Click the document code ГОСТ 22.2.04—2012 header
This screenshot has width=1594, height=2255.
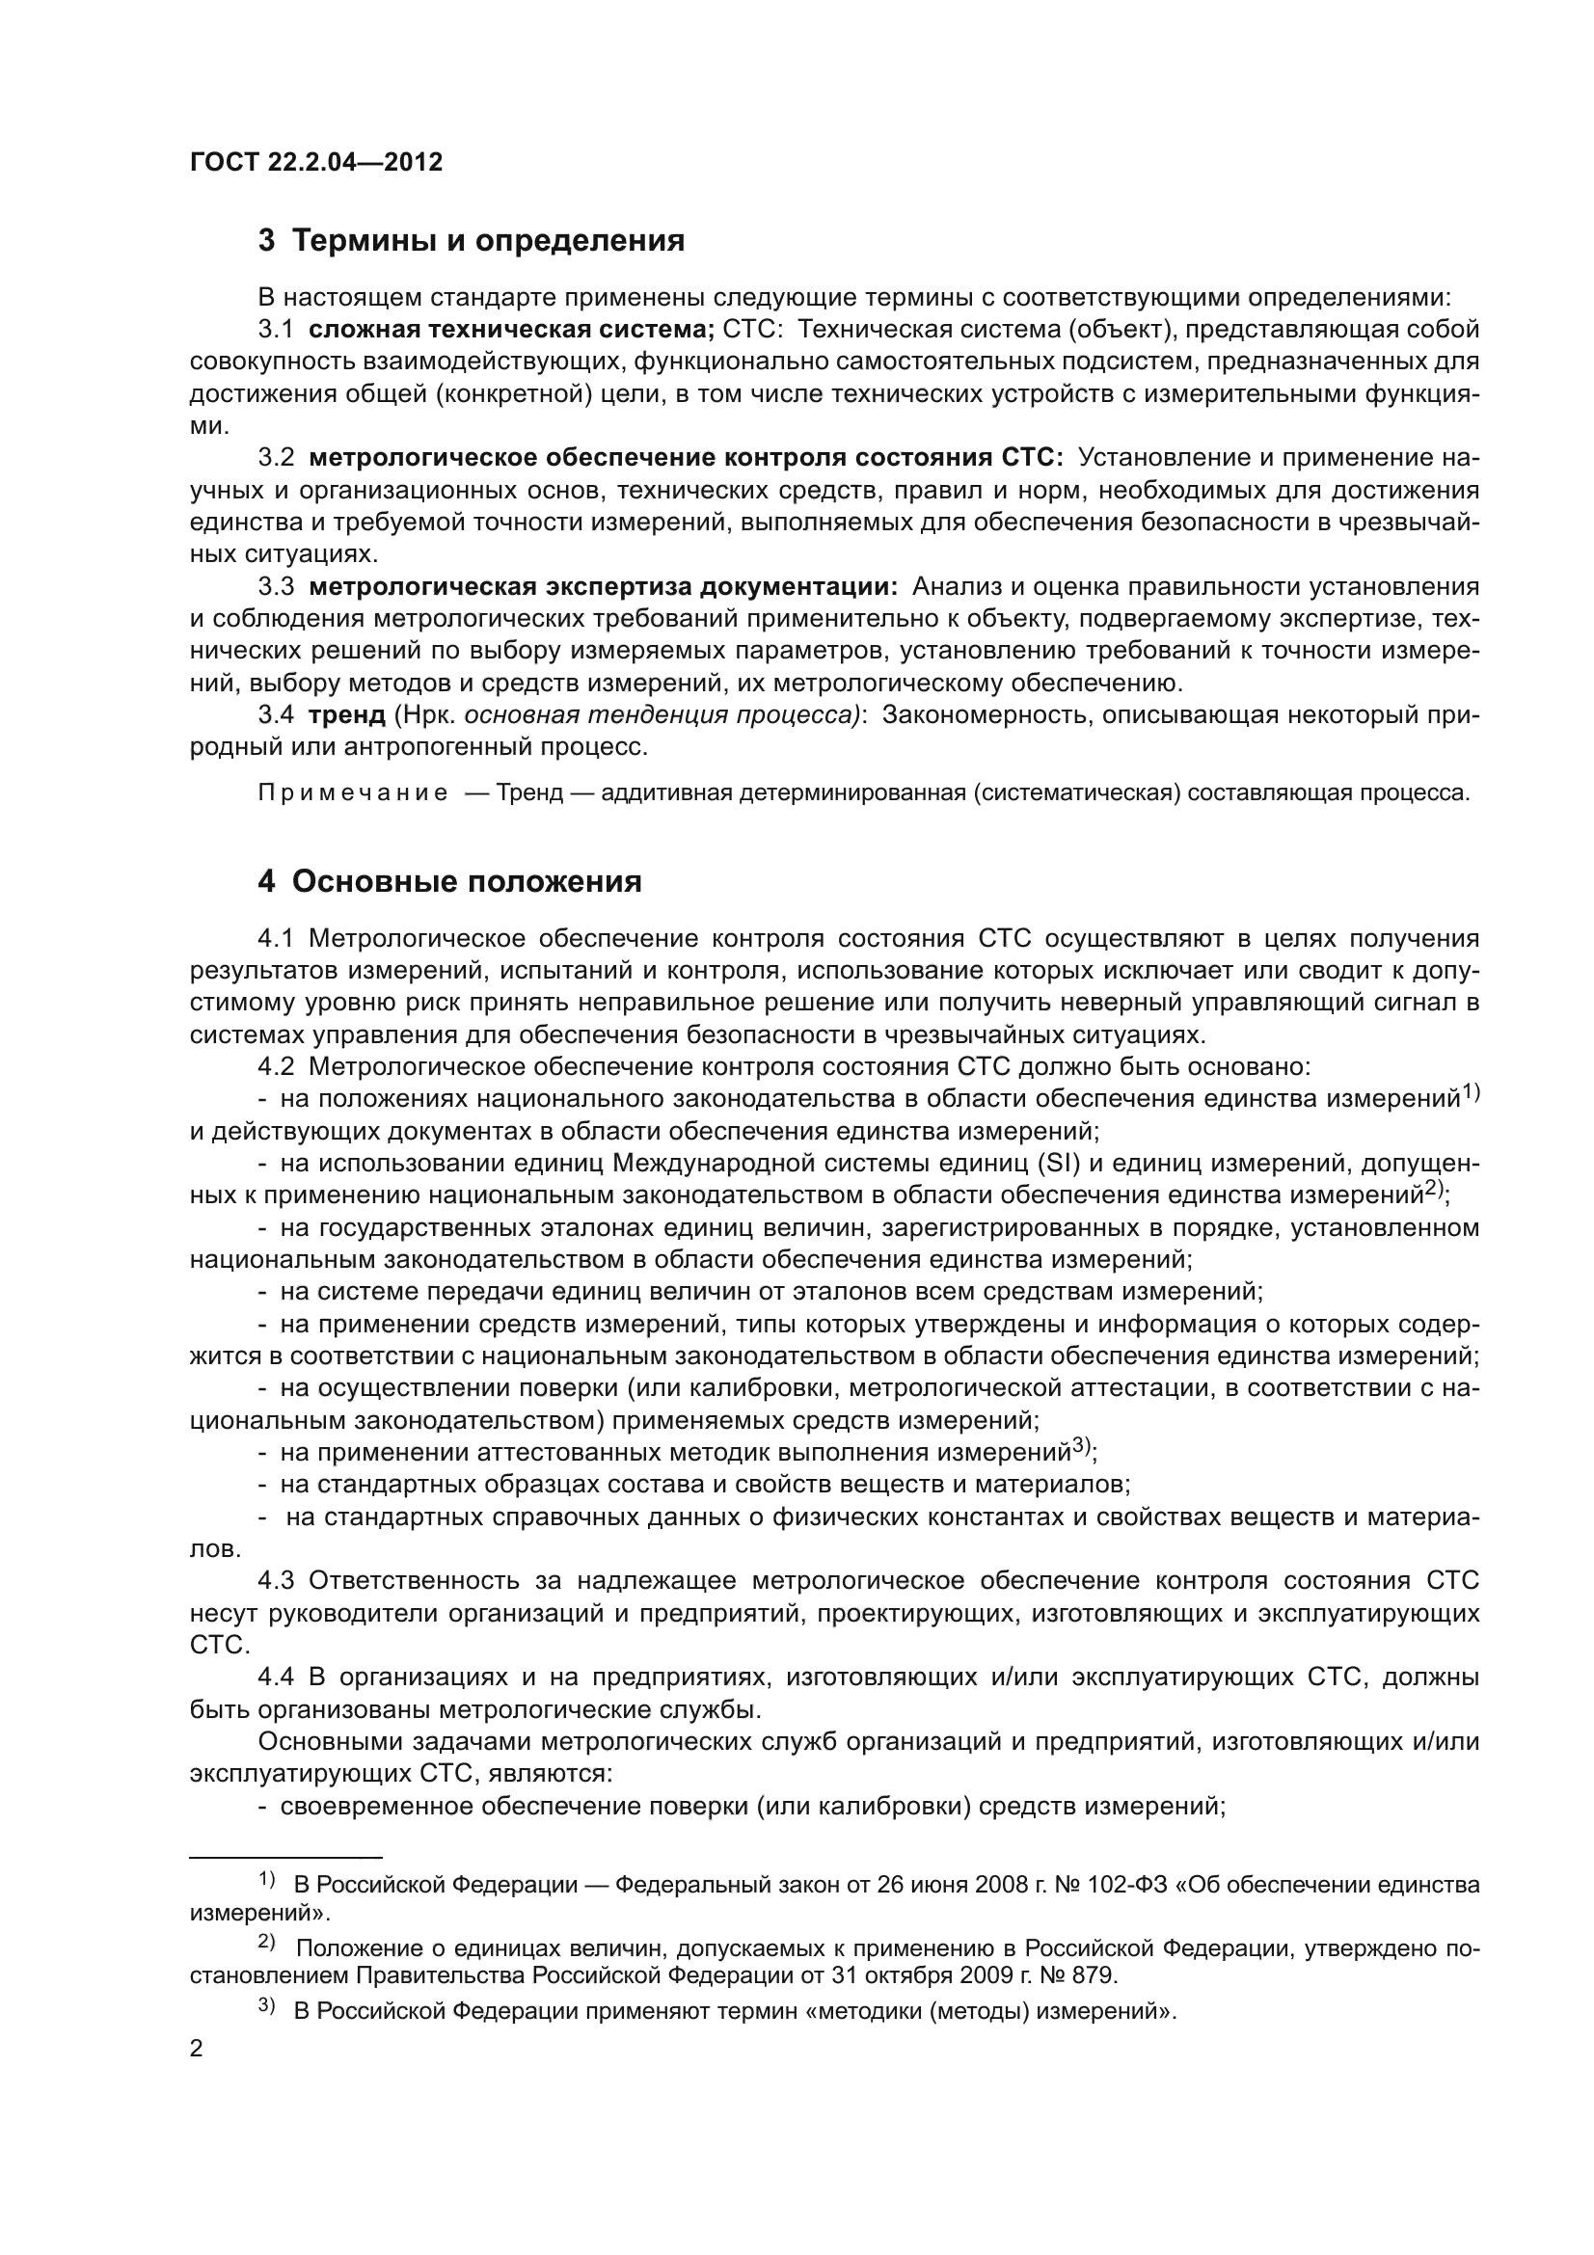[x=315, y=162]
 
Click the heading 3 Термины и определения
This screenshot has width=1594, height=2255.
[x=471, y=240]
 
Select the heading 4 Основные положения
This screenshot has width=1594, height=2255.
[x=448, y=881]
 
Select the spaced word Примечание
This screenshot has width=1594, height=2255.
[x=353, y=792]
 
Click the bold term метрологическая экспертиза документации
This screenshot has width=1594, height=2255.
[x=603, y=586]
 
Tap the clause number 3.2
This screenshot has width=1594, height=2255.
[x=276, y=458]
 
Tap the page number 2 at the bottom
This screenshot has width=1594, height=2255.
[x=197, y=2049]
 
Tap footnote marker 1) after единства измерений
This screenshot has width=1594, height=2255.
[x=1471, y=1091]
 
